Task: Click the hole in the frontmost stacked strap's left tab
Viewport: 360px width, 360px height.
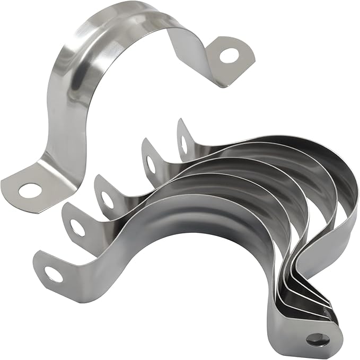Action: pyautogui.click(x=53, y=274)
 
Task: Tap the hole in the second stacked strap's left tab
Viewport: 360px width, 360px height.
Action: pyautogui.click(x=77, y=227)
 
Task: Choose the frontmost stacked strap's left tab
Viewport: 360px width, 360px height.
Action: pyautogui.click(x=50, y=270)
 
